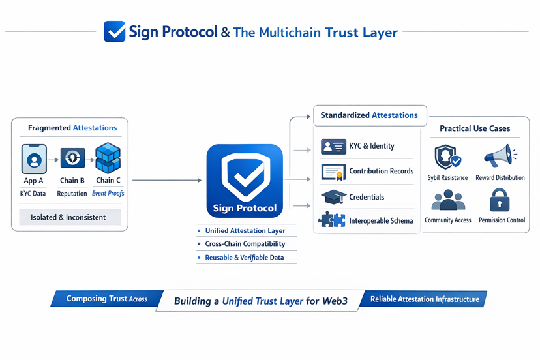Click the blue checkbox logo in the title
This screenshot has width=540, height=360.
click(x=115, y=31)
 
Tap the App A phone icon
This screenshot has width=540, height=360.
click(x=34, y=159)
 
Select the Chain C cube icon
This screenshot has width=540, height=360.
click(x=108, y=158)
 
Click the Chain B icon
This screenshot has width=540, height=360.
click(x=72, y=158)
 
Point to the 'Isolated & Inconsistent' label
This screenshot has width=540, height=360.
click(x=68, y=217)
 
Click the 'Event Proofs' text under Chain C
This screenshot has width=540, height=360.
click(x=108, y=193)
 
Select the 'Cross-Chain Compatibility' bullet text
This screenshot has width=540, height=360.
click(x=245, y=243)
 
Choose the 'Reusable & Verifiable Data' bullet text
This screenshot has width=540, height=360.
click(x=245, y=258)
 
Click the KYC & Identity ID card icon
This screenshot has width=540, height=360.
click(x=333, y=146)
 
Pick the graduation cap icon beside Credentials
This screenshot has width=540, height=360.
click(x=333, y=197)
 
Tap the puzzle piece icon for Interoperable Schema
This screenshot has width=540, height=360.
click(x=332, y=219)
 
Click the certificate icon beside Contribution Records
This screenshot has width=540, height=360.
click(x=333, y=172)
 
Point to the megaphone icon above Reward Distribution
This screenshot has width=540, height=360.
click(x=500, y=156)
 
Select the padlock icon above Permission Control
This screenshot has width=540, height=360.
click(x=500, y=200)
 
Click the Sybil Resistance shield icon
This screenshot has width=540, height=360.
click(x=447, y=157)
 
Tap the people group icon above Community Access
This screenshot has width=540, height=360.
click(x=448, y=200)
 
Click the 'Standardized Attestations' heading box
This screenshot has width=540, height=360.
click(x=370, y=115)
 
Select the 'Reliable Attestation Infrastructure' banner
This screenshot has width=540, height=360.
click(x=424, y=299)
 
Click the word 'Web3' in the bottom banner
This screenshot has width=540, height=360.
click(x=335, y=301)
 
